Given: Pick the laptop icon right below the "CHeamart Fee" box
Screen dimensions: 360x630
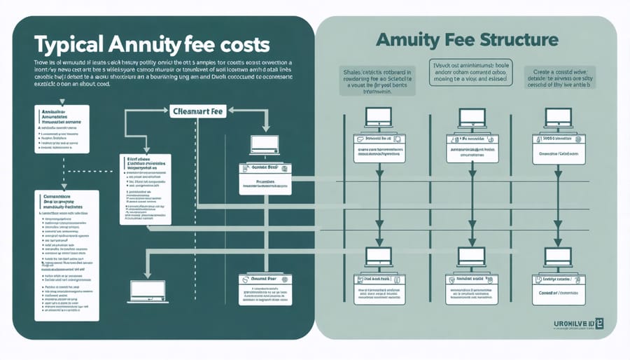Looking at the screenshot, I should click(x=265, y=144).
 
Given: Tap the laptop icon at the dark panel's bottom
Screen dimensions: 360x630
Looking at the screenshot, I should click(x=148, y=291).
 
